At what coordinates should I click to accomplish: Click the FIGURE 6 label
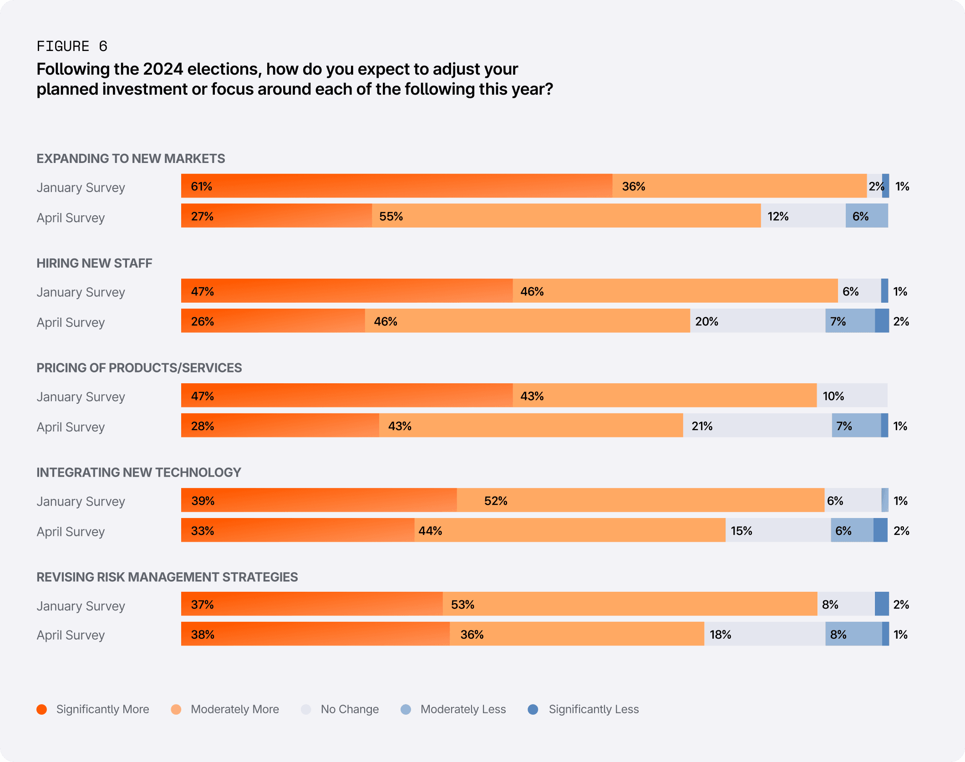pos(72,46)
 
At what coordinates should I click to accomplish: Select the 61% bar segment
pos(396,186)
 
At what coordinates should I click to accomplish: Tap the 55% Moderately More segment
pos(566,216)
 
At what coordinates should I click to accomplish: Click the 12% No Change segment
pos(803,216)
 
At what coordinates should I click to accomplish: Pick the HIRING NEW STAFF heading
pos(94,263)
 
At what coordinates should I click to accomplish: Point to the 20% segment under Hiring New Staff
pos(757,321)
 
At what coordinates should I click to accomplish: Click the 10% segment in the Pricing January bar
pos(852,396)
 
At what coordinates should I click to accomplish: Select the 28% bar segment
pos(280,426)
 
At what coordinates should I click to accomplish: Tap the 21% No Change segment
pos(757,426)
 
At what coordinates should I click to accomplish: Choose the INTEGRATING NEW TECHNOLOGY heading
pos(139,472)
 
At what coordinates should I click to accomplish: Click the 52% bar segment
pos(640,500)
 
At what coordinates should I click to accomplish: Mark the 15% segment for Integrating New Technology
pos(778,530)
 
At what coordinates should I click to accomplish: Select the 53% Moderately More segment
pos(630,604)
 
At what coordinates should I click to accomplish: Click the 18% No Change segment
pos(765,634)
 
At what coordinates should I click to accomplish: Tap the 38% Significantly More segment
pos(315,634)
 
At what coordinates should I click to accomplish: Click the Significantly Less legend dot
pos(533,709)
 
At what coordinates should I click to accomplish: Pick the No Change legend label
pos(350,709)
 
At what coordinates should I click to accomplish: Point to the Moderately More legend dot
pos(176,709)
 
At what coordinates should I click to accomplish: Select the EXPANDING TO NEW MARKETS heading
pos(131,158)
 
